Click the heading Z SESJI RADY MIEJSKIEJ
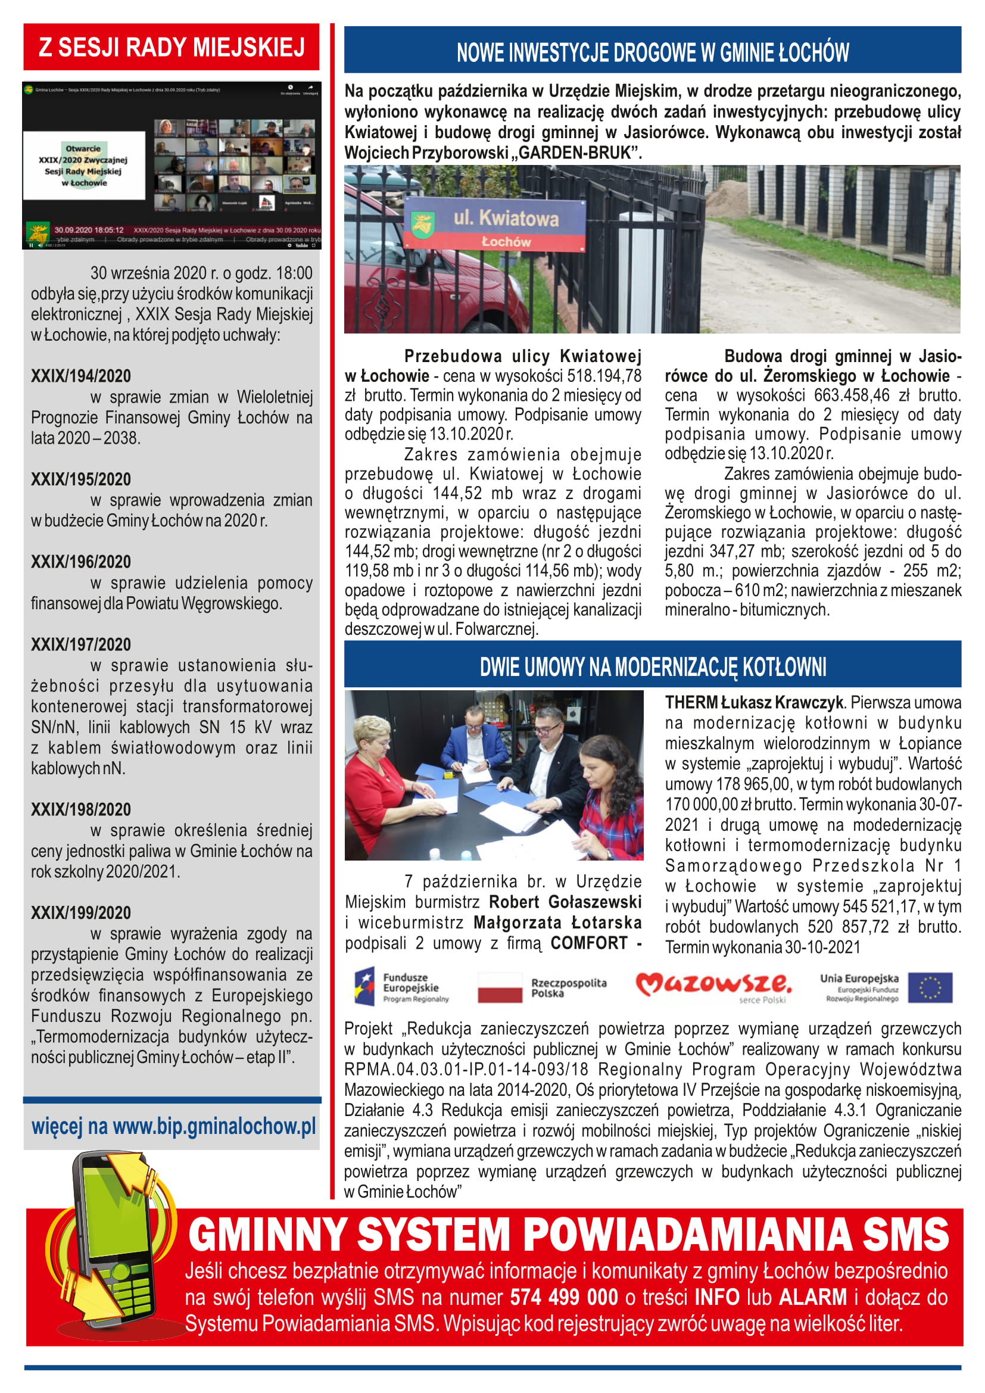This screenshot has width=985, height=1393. [171, 47]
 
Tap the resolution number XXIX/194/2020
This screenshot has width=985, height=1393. [80, 376]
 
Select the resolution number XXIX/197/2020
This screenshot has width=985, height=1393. [80, 644]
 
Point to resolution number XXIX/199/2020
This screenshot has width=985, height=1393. [80, 912]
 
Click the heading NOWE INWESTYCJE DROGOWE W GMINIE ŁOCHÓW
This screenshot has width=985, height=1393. [652, 53]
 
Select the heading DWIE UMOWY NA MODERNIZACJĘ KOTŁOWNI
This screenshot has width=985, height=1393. [652, 667]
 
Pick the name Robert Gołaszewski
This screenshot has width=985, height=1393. [565, 902]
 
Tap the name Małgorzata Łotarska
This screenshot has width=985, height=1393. [557, 923]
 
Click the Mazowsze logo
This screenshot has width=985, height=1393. [713, 986]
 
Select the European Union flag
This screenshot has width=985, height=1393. [929, 987]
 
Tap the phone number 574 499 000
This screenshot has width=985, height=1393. [563, 1297]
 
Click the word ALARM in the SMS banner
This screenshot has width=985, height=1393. [812, 1297]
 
